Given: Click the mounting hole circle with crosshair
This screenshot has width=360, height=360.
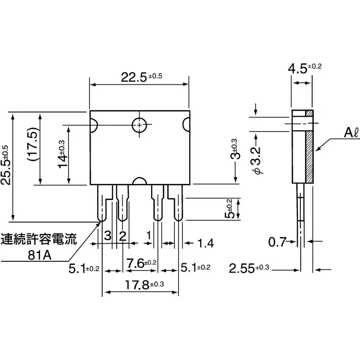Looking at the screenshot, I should (x=139, y=124).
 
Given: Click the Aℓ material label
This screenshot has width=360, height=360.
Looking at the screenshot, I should (x=337, y=134).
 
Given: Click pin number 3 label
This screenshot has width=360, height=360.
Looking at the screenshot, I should (x=107, y=236).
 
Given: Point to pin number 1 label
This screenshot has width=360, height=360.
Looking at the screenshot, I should (x=149, y=236).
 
